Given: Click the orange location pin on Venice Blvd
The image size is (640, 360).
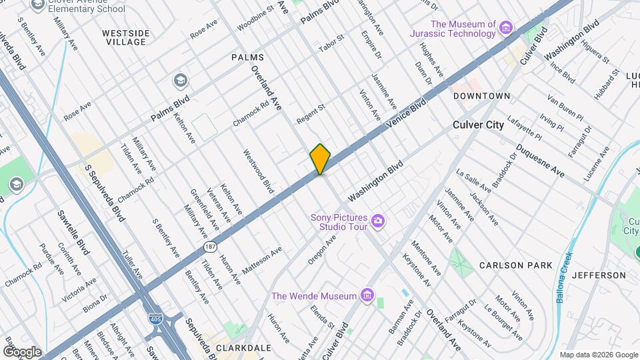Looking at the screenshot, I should pos(320,159).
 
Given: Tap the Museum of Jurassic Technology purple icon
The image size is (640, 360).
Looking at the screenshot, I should pos(507,27).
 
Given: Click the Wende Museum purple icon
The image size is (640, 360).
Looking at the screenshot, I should pos(366,295).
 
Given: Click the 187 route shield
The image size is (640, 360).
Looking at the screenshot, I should pos(209,247).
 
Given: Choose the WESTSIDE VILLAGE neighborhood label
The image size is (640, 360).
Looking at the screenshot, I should pos(124,37).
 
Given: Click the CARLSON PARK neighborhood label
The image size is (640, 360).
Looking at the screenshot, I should pos(516,265).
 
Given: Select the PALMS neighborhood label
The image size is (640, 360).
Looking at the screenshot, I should pos(247,57).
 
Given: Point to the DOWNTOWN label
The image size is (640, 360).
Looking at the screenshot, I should pos(481,96).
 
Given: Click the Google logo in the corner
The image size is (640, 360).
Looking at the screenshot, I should pos(22,352).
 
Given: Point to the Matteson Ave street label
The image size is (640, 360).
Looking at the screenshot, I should pos(262,259).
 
